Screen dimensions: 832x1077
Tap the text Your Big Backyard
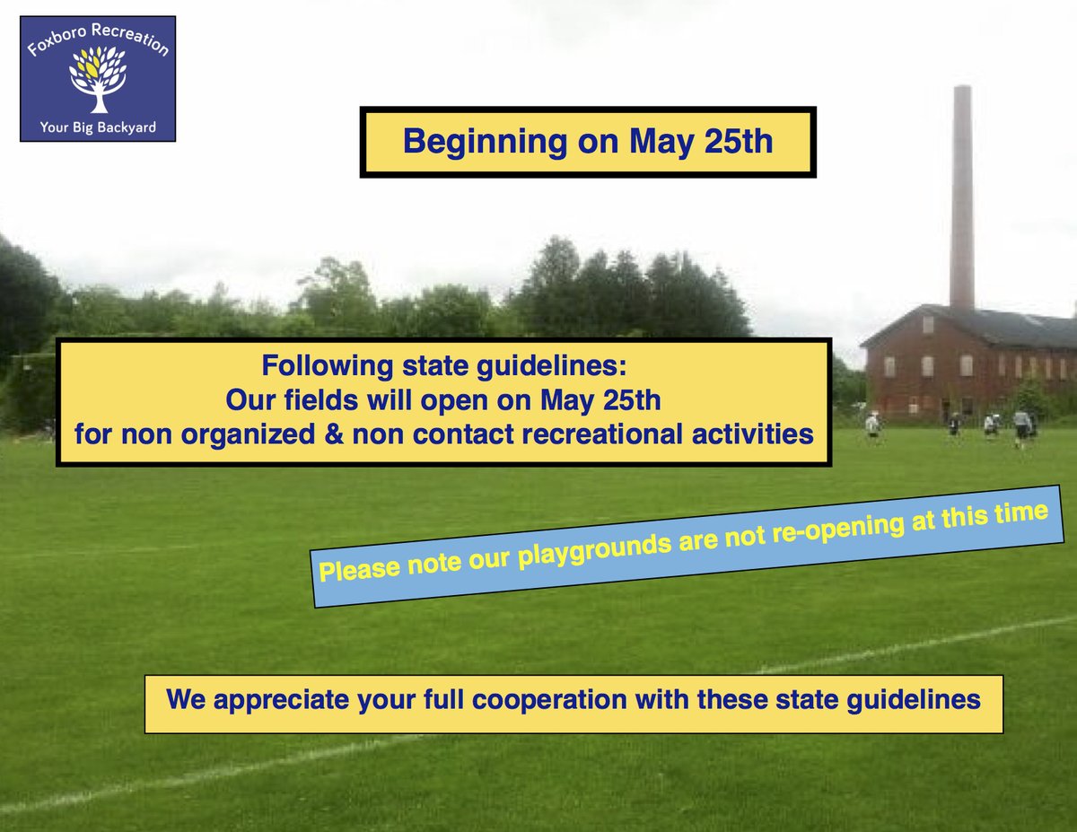click(x=97, y=127)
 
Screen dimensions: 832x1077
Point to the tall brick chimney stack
click(x=962, y=197)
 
